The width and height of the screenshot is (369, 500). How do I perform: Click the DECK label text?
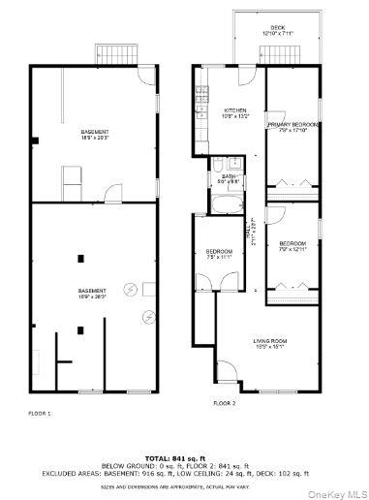(x=278, y=27)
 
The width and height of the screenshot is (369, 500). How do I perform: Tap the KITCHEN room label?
(x=236, y=110)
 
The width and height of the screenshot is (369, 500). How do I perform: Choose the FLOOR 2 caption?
(x=225, y=402)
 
